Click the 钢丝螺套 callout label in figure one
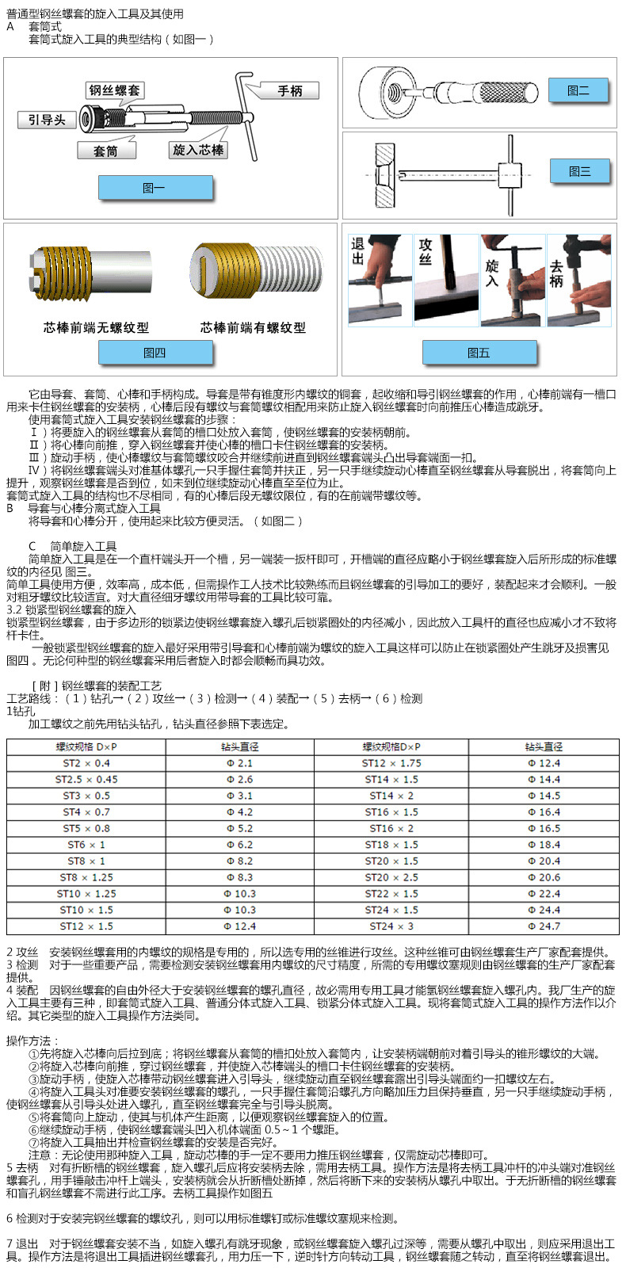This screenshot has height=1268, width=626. click(x=114, y=91)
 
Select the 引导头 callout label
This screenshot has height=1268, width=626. click(x=47, y=120)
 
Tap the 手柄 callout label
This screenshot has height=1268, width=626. click(x=290, y=91)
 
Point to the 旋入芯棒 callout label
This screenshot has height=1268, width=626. click(x=198, y=150)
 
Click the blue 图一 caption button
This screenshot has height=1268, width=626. click(x=155, y=188)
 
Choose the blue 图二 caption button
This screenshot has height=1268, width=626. click(x=578, y=90)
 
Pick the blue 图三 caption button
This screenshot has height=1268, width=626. click(x=579, y=171)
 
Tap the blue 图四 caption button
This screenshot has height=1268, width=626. click(x=155, y=353)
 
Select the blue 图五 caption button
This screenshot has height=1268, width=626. click(x=479, y=353)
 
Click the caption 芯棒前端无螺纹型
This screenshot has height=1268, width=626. click(x=96, y=327)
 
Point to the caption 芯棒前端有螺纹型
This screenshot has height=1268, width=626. click(x=253, y=327)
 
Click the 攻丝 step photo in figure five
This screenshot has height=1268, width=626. click(x=445, y=280)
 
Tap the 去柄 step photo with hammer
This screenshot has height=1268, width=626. click(x=578, y=280)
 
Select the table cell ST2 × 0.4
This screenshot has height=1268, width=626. click(x=86, y=763)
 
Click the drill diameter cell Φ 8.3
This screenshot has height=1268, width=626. click(x=239, y=877)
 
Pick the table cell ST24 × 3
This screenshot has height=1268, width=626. click(x=391, y=926)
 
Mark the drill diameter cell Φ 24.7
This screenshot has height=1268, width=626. click(x=544, y=926)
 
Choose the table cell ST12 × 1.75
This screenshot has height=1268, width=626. click(x=391, y=763)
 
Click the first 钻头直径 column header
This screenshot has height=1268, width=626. click(x=239, y=747)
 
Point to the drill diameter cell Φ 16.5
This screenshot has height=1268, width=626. click(x=544, y=828)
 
